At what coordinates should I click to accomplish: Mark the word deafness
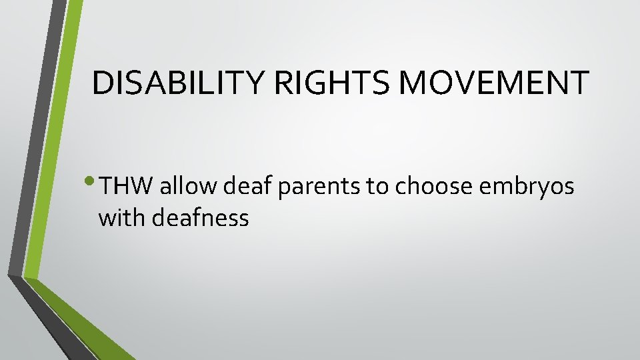[201, 217]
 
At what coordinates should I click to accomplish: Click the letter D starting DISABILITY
[103, 83]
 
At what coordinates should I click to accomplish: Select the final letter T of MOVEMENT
[580, 83]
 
